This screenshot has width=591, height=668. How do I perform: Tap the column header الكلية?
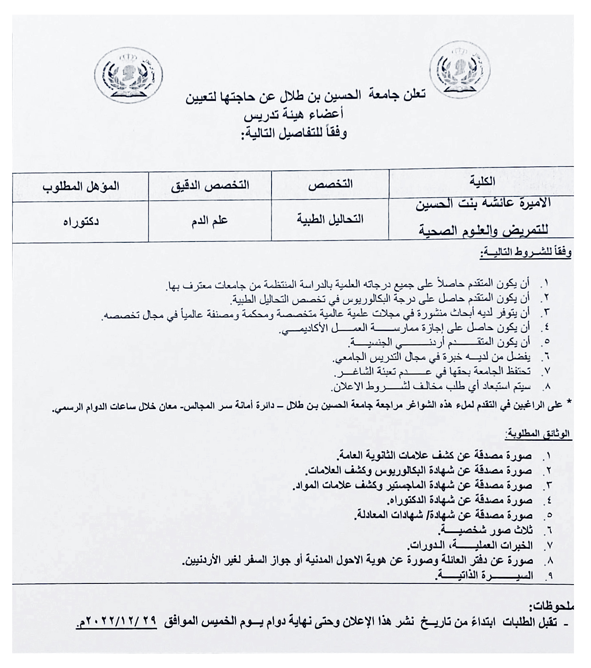tap(482, 182)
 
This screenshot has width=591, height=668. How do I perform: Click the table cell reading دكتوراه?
tap(80, 222)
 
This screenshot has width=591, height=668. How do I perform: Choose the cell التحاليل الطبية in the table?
tap(330, 220)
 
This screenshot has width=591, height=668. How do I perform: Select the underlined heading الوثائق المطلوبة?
tap(538, 435)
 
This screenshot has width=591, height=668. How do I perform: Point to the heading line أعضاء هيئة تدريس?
tap(293, 115)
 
